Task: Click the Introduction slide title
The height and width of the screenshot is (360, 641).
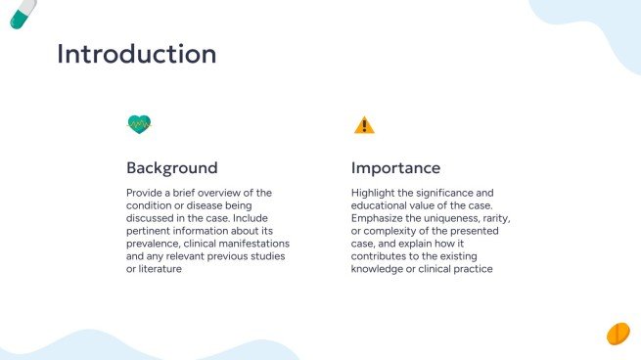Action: tap(137, 54)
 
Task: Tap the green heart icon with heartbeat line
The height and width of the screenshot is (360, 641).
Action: tap(139, 124)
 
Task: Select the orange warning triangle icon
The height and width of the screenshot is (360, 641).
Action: tap(364, 124)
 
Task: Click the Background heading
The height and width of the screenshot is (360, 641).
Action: tap(172, 167)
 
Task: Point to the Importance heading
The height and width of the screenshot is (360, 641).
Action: tap(396, 167)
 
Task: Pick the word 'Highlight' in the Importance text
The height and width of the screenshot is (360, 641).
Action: tap(374, 193)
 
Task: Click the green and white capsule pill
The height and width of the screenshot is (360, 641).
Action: tap(22, 13)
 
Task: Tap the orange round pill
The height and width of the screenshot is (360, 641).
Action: tap(618, 334)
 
